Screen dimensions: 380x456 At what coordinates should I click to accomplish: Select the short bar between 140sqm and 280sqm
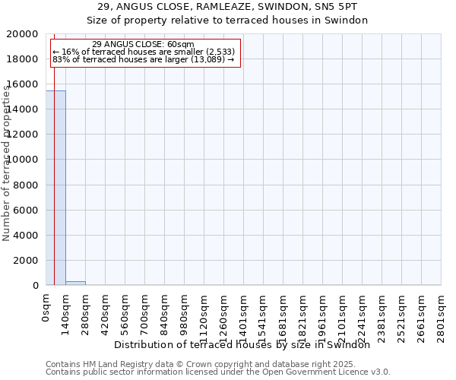pos(75,283)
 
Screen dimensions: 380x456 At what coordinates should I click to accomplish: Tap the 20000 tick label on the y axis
pos(23,34)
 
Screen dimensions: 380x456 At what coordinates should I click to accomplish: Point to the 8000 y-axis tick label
pos(26,185)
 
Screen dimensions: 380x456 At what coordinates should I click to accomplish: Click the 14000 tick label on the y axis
pos(23,109)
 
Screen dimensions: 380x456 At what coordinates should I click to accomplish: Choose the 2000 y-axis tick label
pos(26,260)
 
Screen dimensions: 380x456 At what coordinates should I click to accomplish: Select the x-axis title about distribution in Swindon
pos(247,344)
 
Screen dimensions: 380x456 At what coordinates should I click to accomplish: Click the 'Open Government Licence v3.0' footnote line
pos(218,372)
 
